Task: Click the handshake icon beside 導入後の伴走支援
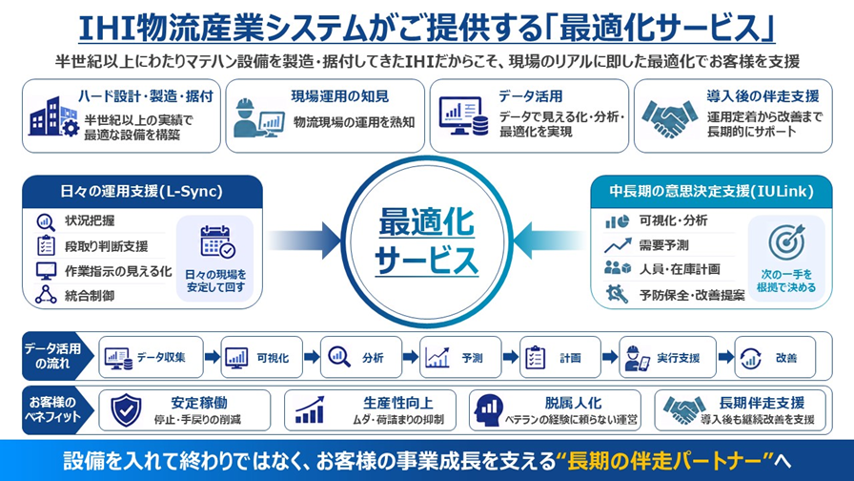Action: coord(669,118)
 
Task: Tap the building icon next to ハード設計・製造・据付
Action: coord(53,116)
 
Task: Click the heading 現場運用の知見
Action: coord(340,96)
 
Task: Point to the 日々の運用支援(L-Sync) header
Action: coord(142,192)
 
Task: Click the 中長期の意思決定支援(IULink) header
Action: coord(711,192)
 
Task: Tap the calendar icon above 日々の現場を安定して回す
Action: coord(216,241)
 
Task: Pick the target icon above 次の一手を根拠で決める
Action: coord(786,242)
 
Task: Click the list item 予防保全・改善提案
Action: coord(692,296)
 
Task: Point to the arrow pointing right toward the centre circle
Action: coord(304,240)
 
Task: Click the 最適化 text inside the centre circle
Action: coord(426,222)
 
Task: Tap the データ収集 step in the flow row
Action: coord(151,357)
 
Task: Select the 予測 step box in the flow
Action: coord(460,357)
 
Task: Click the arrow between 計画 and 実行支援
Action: coord(610,357)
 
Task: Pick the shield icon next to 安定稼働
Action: coord(126,410)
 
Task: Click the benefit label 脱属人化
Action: coord(573,403)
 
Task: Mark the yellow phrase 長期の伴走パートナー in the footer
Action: coord(664,461)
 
